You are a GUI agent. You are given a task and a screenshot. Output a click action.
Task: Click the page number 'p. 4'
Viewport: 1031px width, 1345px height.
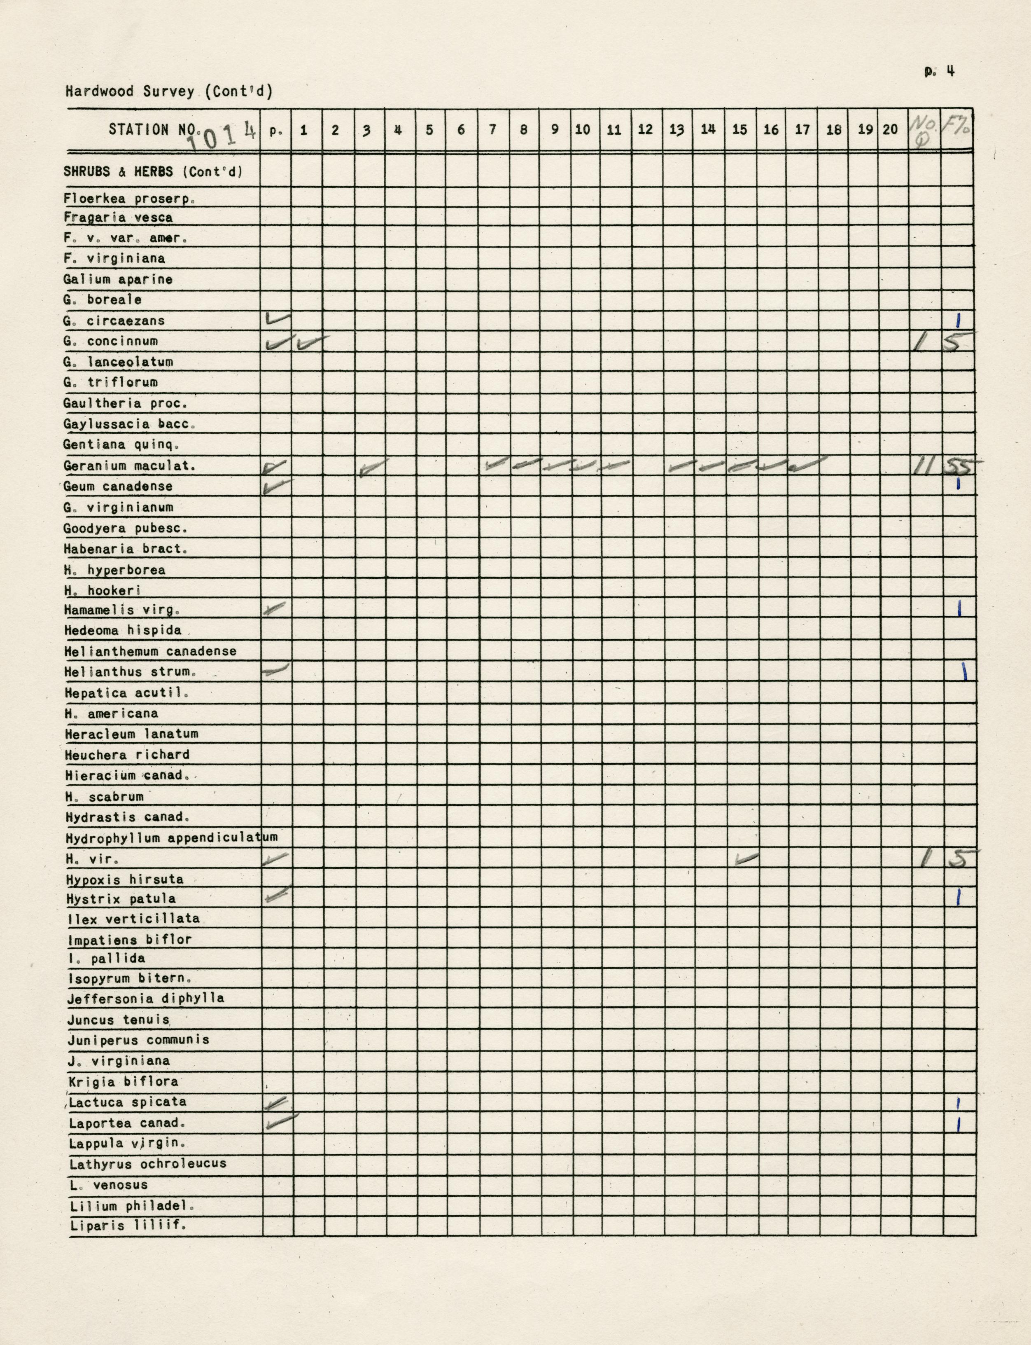point(939,71)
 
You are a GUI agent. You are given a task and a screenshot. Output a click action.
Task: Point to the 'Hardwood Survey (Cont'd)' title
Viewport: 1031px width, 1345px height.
point(169,91)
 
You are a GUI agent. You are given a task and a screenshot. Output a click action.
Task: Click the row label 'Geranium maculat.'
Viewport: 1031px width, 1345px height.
point(129,466)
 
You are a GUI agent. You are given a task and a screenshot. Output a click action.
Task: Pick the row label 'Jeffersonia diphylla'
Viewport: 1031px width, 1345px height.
point(145,998)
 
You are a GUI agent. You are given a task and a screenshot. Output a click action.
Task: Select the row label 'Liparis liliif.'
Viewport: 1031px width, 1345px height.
point(128,1226)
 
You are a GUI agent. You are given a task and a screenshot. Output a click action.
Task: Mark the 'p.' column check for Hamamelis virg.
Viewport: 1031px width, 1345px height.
point(275,608)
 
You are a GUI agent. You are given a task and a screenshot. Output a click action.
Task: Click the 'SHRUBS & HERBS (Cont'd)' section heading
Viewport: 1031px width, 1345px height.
point(153,172)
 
